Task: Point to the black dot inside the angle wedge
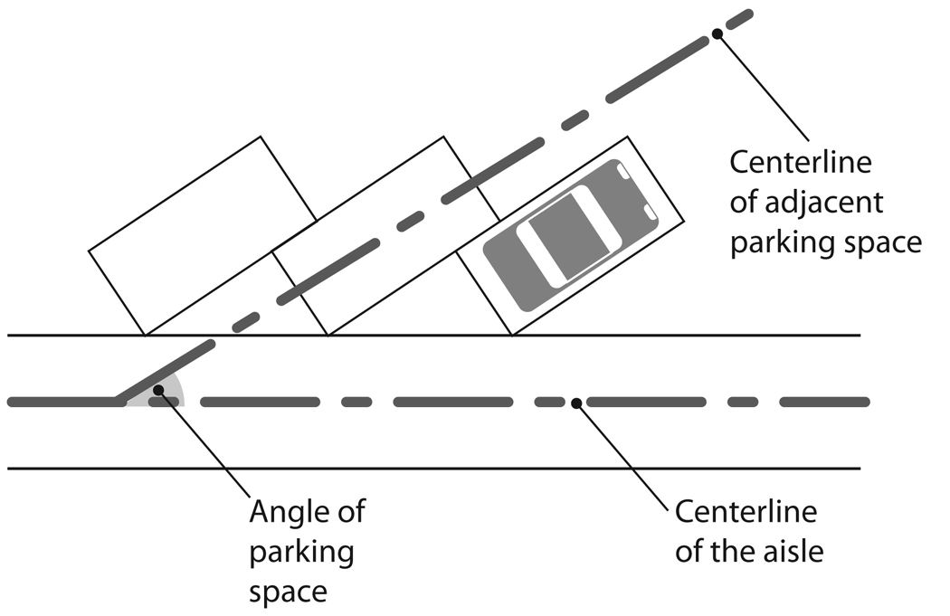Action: [x=158, y=390]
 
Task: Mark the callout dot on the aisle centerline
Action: [x=575, y=401]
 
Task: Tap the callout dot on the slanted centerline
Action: [x=717, y=33]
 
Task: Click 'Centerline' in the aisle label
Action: [x=746, y=512]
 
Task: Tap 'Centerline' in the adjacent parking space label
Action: [x=801, y=164]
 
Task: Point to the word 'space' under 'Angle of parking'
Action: [x=287, y=592]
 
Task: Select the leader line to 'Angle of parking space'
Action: [x=206, y=444]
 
